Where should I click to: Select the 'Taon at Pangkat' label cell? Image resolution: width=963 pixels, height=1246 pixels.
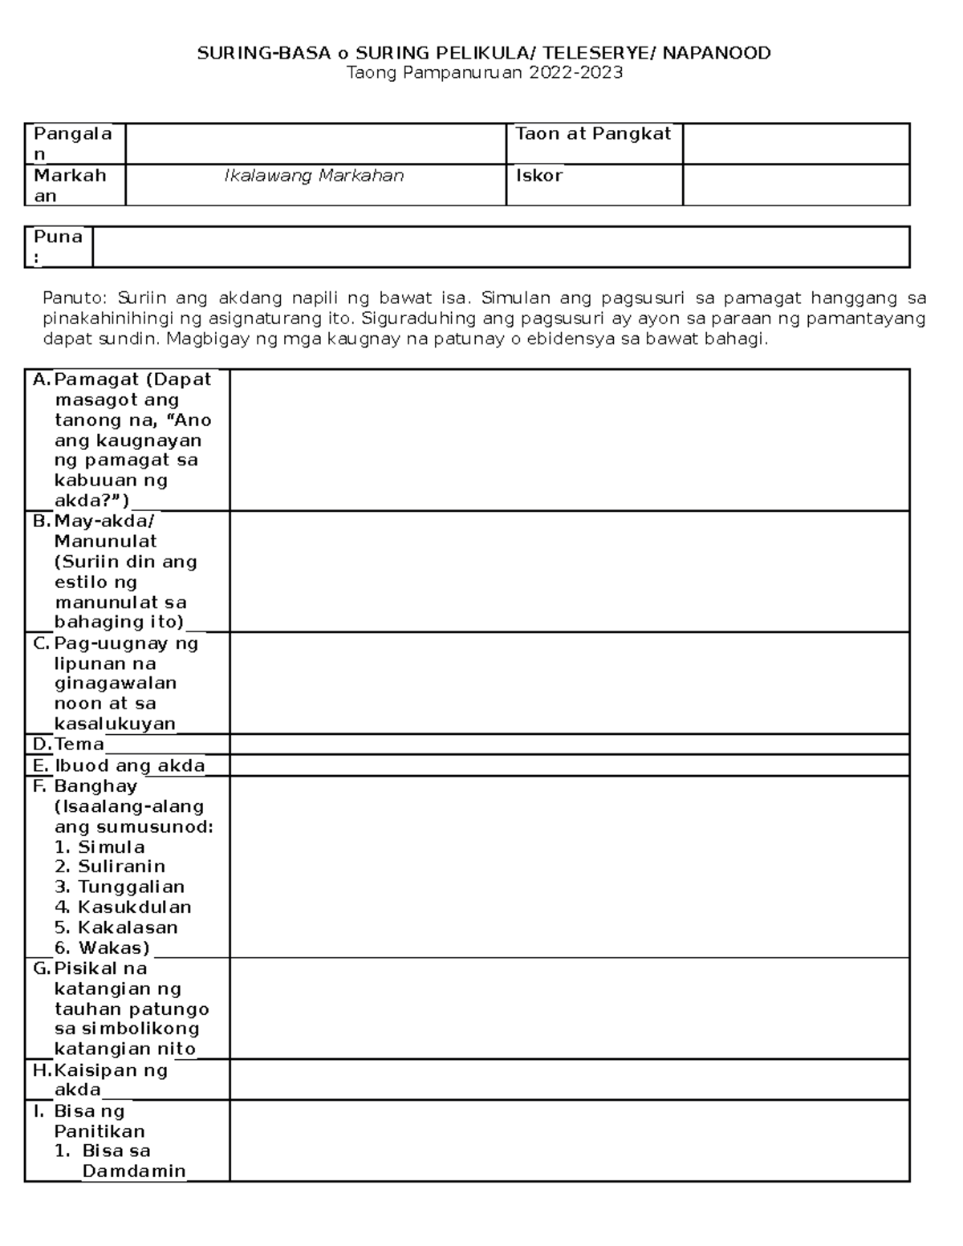point(592,134)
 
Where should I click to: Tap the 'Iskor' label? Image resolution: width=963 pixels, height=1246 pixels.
point(538,176)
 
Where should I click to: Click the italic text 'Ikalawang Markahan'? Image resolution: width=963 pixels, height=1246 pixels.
point(314,176)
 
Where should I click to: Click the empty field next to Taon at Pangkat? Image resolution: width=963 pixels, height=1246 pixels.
point(795,144)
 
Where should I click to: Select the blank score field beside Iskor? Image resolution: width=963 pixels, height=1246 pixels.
point(795,185)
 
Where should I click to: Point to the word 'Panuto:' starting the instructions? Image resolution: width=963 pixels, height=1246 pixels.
point(68,298)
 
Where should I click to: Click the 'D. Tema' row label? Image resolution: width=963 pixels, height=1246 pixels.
point(70,744)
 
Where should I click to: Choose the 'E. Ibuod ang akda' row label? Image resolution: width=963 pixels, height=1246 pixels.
point(119,765)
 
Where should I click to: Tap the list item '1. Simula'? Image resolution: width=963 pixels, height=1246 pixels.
point(100,847)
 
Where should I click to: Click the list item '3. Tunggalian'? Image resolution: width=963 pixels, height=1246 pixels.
point(120,887)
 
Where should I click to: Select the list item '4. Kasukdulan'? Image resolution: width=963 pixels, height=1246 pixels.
point(123,907)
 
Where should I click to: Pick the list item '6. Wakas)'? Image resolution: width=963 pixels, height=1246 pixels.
point(102,948)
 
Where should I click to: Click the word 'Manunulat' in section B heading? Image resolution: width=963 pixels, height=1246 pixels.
point(105,542)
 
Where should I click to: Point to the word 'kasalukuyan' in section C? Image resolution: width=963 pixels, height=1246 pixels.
point(115,724)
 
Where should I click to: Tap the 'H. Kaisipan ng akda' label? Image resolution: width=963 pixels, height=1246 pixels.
point(100,1079)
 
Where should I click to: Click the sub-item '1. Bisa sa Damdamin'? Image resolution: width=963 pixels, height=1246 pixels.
point(120,1160)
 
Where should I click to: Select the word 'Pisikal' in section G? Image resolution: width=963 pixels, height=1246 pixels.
point(100,968)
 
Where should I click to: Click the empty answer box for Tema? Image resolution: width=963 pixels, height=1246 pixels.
point(569,744)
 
